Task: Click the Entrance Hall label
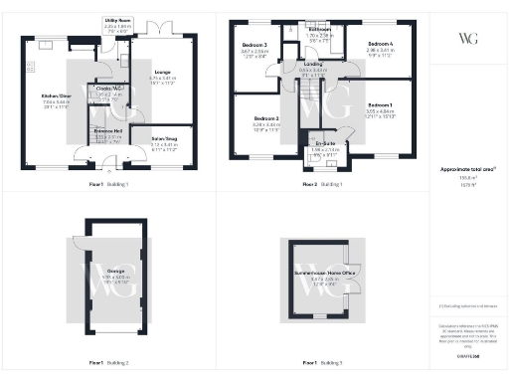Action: tap(106, 130)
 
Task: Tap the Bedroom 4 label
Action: tap(380, 46)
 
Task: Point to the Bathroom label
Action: tap(319, 30)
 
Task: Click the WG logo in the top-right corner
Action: tap(467, 38)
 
